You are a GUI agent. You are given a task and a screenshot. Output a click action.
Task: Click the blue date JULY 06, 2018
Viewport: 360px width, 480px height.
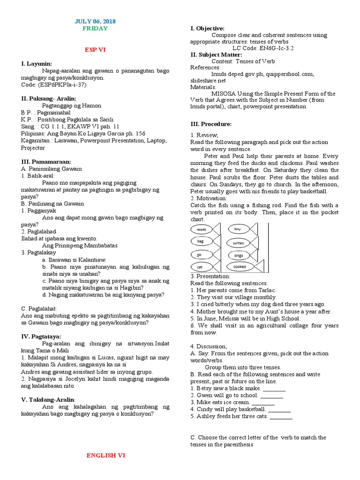[95, 22]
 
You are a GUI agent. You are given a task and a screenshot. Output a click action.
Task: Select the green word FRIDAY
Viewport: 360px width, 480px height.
[95, 29]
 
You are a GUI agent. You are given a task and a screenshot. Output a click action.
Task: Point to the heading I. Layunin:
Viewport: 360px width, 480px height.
[37, 63]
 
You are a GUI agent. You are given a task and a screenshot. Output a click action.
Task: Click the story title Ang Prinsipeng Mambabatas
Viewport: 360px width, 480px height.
[79, 245]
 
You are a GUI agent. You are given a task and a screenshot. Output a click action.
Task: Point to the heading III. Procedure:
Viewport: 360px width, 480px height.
[211, 124]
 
